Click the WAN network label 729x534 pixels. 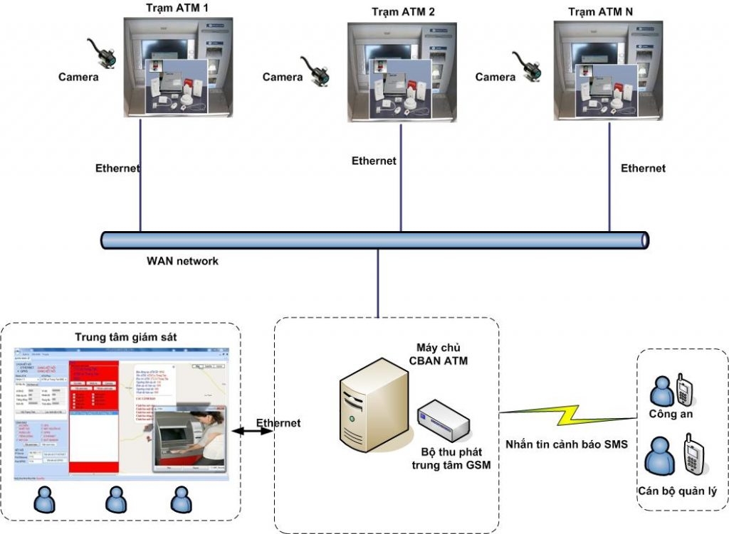(182, 261)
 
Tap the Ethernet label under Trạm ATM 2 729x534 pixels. (374, 161)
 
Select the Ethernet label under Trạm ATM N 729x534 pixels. (643, 168)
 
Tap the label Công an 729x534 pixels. (671, 414)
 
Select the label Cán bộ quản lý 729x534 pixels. (677, 491)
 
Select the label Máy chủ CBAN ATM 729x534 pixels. (438, 353)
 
